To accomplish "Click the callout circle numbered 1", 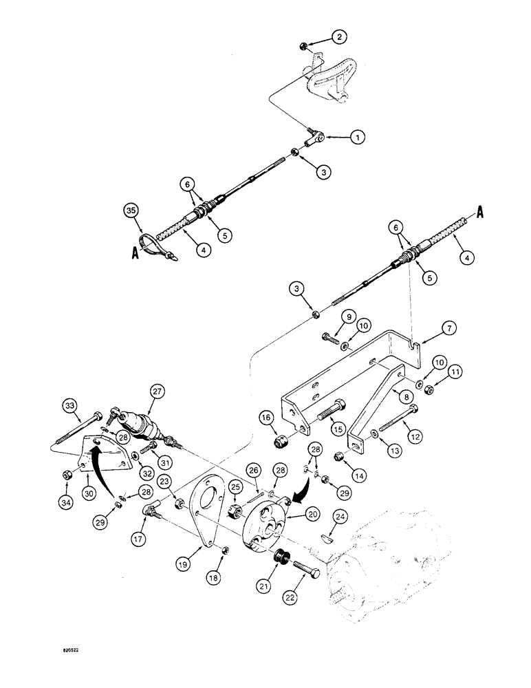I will pyautogui.click(x=356, y=138).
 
